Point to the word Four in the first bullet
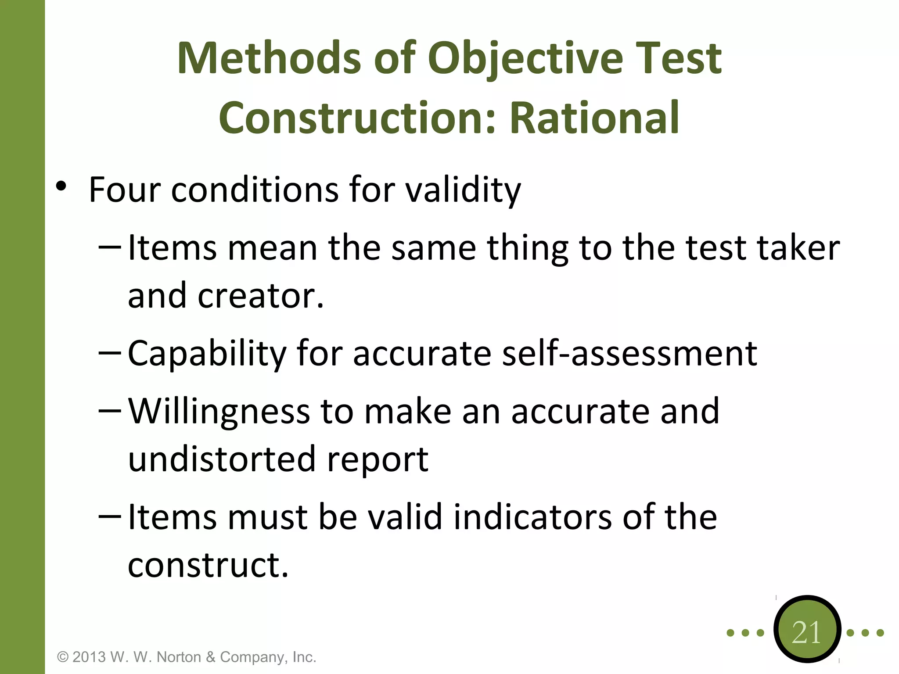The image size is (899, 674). coord(124,190)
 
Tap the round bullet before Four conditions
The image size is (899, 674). coord(61,186)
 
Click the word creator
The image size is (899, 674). coord(260,296)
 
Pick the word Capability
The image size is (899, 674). coord(207,354)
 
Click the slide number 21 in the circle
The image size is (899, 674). coord(806,632)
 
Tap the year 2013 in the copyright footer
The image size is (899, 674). coord(89,657)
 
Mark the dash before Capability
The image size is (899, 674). coord(110,352)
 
